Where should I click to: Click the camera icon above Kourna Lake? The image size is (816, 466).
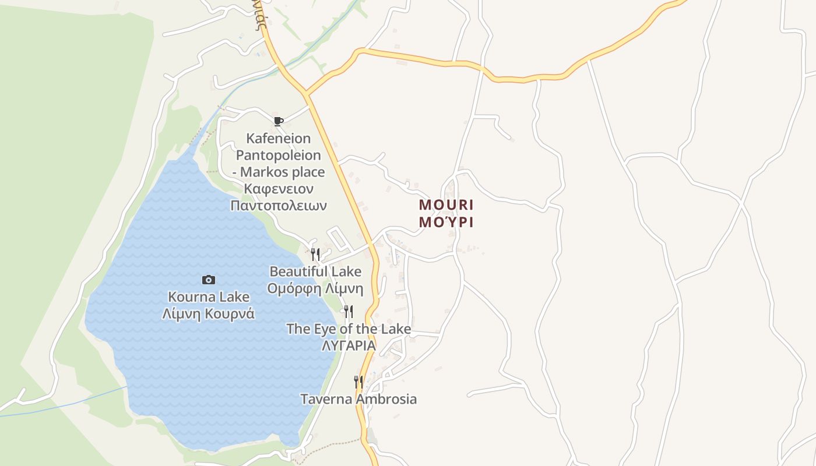(x=208, y=280)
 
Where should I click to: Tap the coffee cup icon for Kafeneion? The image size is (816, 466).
(x=279, y=121)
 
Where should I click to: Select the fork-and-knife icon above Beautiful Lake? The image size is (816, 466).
(x=315, y=254)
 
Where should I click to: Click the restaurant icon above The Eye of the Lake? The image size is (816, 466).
(x=348, y=311)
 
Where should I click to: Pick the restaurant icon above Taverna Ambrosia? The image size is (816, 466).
(x=358, y=382)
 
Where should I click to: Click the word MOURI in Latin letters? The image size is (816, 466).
(x=446, y=205)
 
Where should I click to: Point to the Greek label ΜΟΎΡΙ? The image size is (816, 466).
(x=446, y=222)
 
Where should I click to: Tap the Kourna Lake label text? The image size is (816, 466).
(x=208, y=296)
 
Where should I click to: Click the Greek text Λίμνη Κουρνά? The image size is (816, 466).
(x=208, y=313)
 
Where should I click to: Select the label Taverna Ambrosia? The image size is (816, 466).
(x=358, y=399)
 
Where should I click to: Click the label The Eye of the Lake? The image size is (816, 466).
(x=349, y=329)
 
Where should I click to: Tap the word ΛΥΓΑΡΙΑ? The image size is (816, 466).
(x=349, y=345)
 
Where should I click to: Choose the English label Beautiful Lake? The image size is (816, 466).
(x=315, y=271)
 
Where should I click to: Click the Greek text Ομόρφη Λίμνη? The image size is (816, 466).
(x=315, y=288)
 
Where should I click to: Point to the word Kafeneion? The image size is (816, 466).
(x=279, y=139)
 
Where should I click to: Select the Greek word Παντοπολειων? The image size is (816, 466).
(x=279, y=206)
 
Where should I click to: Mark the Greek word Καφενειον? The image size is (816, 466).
(x=279, y=189)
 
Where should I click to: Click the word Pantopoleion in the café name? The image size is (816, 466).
(x=279, y=156)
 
